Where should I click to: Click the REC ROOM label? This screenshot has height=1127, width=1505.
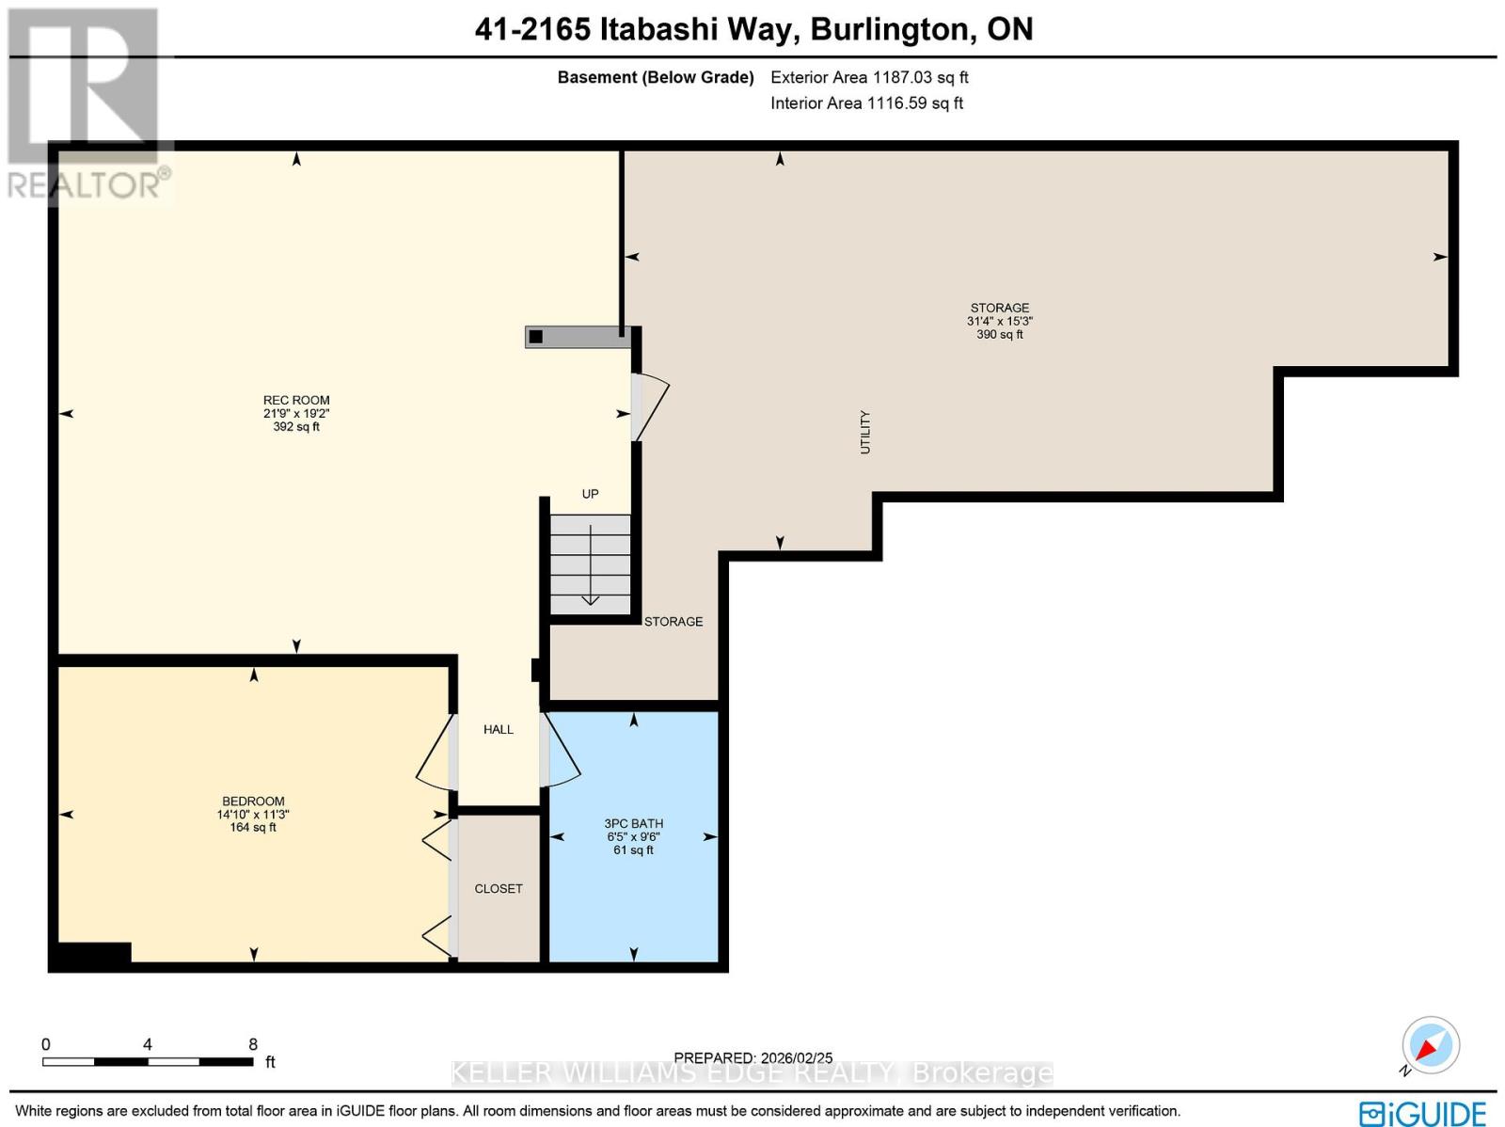tap(296, 400)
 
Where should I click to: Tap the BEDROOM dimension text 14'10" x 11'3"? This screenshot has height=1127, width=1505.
tap(253, 815)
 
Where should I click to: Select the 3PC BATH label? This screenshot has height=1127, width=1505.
tap(633, 823)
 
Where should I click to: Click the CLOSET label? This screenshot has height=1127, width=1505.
tap(499, 888)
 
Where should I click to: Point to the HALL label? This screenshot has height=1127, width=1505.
tap(499, 729)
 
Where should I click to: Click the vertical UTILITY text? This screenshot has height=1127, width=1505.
tap(865, 433)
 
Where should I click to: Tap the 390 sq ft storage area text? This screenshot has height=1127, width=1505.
tap(999, 334)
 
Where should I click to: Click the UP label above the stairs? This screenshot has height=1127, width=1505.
tap(590, 494)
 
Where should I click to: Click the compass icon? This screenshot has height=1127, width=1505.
tap(1430, 1045)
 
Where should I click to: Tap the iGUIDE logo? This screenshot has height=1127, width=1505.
tap(1422, 1113)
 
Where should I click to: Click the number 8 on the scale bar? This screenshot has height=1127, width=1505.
tap(253, 1044)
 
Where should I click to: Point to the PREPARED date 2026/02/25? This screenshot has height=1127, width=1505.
tap(753, 1058)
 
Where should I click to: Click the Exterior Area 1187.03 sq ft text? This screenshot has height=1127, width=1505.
tap(869, 77)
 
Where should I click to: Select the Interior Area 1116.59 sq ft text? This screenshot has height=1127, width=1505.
tap(866, 103)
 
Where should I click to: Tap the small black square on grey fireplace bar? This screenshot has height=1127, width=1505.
tap(536, 337)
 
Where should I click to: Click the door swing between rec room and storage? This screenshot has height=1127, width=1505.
tap(650, 406)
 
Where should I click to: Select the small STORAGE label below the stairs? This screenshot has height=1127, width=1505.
tap(673, 621)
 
